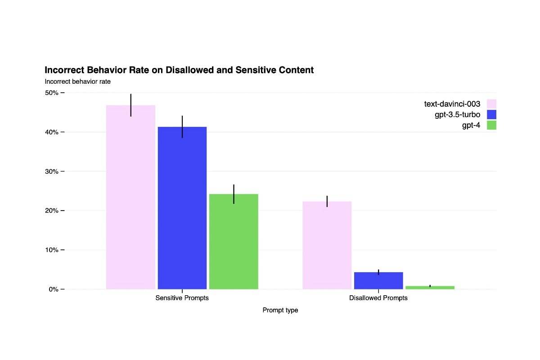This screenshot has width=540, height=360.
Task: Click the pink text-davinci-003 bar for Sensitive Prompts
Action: pyautogui.click(x=130, y=198)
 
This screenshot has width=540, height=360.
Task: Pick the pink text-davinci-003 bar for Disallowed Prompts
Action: pyautogui.click(x=327, y=245)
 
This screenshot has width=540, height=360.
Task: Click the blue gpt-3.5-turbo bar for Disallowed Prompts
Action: pyautogui.click(x=378, y=280)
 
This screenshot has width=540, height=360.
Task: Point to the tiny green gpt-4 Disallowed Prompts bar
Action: pyautogui.click(x=430, y=287)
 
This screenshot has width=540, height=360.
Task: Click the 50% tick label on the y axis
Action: pyautogui.click(x=51, y=93)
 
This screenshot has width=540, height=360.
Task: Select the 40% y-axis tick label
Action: pyautogui.click(x=51, y=132)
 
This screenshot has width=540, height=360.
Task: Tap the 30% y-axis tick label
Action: pyautogui.click(x=51, y=171)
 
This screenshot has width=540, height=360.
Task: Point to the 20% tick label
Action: pyautogui.click(x=51, y=211)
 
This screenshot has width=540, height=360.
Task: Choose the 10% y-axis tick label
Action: pyautogui.click(x=51, y=250)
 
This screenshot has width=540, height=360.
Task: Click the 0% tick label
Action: pyautogui.click(x=53, y=289)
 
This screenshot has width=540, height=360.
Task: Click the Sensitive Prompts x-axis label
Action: pyautogui.click(x=182, y=298)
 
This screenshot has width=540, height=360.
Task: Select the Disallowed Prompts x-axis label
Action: pyautogui.click(x=378, y=298)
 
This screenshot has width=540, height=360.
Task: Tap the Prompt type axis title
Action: pyautogui.click(x=280, y=310)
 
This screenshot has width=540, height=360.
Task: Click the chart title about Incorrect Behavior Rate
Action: pyautogui.click(x=179, y=70)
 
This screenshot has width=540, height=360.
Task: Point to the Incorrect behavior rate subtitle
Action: pyautogui.click(x=77, y=81)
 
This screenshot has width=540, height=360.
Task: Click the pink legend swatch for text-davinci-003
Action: pyautogui.click(x=491, y=104)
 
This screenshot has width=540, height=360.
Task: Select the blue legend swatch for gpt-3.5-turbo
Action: pyautogui.click(x=491, y=115)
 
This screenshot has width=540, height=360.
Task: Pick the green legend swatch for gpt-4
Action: pyautogui.click(x=491, y=125)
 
